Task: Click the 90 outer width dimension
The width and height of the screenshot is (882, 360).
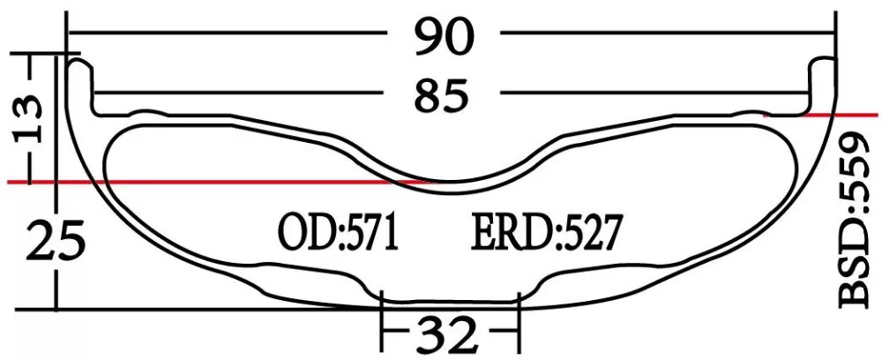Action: (445, 36)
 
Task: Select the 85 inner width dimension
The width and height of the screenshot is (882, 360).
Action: (444, 94)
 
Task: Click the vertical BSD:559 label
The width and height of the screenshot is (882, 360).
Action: (855, 221)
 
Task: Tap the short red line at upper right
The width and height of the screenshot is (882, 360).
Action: (820, 114)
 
